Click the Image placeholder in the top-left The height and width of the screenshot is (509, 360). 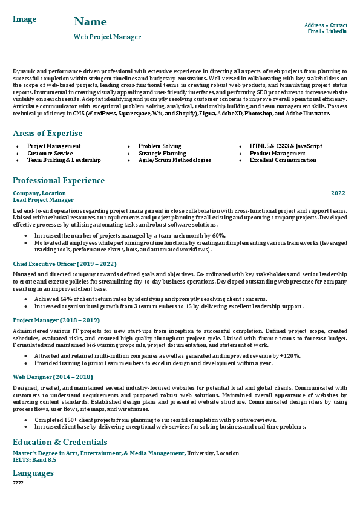pyautogui.click(x=24, y=19)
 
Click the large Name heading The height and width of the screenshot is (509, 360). pyautogui.click(x=90, y=22)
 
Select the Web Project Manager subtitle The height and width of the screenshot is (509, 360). pyautogui.click(x=107, y=37)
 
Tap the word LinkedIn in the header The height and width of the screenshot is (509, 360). pyautogui.click(x=336, y=31)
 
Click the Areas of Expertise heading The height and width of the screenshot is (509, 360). pyautogui.click(x=47, y=133)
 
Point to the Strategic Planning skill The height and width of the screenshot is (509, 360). pyautogui.click(x=154, y=153)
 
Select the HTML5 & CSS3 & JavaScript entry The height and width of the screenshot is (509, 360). pyautogui.click(x=286, y=146)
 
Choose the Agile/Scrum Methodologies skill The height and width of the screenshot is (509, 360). pyautogui.click(x=174, y=160)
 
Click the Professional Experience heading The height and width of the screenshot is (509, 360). pyautogui.click(x=59, y=180)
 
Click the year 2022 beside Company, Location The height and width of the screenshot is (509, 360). pyautogui.click(x=338, y=193)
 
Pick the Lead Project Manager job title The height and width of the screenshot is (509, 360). pyautogui.click(x=43, y=199)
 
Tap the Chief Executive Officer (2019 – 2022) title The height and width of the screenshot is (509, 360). pyautogui.click(x=65, y=264)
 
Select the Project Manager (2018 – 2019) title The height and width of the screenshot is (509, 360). pyautogui.click(x=56, y=320)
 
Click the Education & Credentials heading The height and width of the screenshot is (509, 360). pyautogui.click(x=61, y=441)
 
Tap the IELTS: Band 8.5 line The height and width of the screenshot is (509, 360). pyautogui.click(x=34, y=460)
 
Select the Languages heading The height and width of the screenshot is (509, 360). pyautogui.click(x=33, y=473)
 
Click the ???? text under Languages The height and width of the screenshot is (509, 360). pyautogui.click(x=18, y=483)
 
